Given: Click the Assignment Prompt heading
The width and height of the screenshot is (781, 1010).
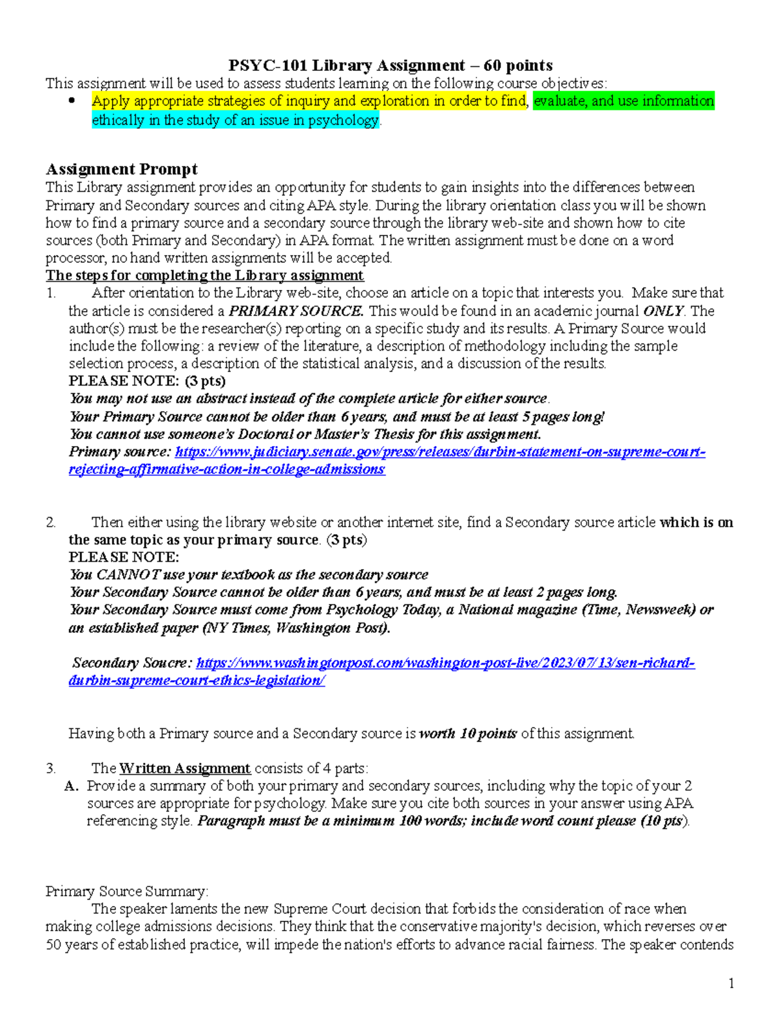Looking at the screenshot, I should coord(122,170).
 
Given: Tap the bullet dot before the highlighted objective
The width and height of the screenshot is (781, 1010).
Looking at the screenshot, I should coord(72,101).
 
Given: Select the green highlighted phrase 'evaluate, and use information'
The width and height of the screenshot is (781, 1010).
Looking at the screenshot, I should coord(623,101).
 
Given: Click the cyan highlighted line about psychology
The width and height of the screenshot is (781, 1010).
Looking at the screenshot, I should coord(235,120).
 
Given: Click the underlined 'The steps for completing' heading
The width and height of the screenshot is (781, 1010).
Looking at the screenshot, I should coord(204,276).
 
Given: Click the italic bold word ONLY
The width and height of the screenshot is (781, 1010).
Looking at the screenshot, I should coord(663,311).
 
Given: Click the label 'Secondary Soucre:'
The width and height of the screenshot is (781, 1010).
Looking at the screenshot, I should coord(132,663).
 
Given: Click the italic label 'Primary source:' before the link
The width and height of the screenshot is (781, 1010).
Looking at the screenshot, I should coord(120,452).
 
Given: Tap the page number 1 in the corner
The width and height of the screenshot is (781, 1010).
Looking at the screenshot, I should coord(732,983).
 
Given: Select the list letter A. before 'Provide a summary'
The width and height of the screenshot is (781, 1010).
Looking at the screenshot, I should coord(72,786).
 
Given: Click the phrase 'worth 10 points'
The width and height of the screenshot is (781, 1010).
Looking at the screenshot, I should coord(468,734).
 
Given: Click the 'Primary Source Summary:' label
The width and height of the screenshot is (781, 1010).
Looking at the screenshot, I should coord(127,892).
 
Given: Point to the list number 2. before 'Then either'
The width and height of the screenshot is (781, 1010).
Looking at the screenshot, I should coord(51,522).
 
